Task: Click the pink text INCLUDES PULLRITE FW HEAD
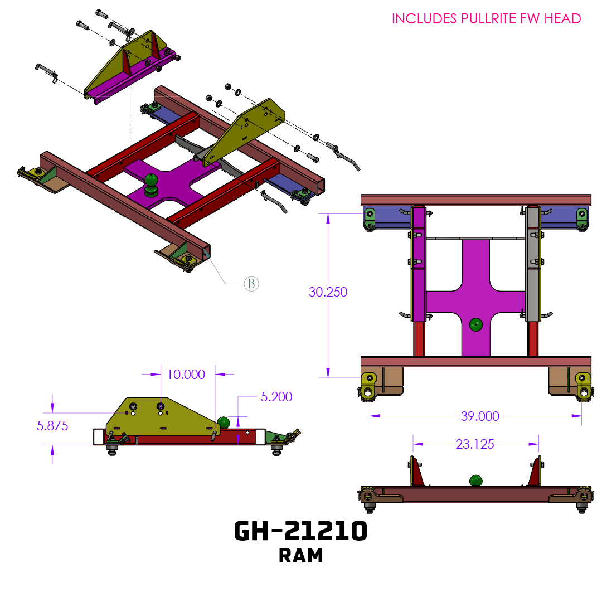click(x=486, y=18)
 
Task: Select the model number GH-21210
click(x=300, y=531)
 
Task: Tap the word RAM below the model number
click(x=300, y=556)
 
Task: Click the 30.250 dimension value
click(x=328, y=292)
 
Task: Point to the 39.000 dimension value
click(x=479, y=416)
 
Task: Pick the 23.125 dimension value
click(x=474, y=444)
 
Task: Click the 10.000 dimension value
click(x=186, y=374)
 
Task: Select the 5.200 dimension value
click(x=276, y=397)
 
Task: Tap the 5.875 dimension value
click(x=52, y=426)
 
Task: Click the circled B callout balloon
click(x=251, y=284)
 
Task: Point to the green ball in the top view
click(x=475, y=324)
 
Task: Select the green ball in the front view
click(x=475, y=480)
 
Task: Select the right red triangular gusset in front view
click(x=535, y=474)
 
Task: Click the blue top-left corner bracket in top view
click(x=385, y=217)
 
